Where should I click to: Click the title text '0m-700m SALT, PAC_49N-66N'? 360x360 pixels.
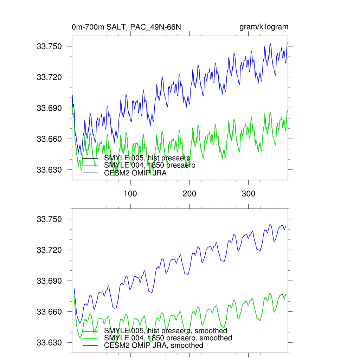(x=126, y=27)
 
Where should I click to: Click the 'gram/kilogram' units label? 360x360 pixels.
(x=264, y=27)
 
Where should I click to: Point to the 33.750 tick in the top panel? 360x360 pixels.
(x=49, y=46)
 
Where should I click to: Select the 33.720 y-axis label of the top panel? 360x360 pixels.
(x=49, y=77)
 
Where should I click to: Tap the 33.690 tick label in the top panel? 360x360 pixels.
(x=49, y=108)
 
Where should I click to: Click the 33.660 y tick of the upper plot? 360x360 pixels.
(x=49, y=139)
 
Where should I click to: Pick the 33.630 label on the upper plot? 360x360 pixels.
(x=49, y=170)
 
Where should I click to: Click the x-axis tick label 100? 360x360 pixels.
(x=130, y=193)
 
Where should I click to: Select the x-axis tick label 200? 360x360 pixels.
(x=189, y=193)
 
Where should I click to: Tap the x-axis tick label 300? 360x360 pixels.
(x=248, y=193)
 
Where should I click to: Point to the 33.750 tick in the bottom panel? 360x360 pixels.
(x=49, y=219)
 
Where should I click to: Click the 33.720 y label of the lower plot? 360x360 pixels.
(x=49, y=250)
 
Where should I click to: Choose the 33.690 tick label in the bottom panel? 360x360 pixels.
(x=49, y=281)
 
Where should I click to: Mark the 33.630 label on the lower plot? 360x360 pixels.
(x=49, y=343)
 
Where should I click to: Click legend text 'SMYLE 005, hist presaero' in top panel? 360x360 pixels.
(x=147, y=158)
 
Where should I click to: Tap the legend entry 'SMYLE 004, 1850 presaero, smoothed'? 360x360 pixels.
(x=168, y=338)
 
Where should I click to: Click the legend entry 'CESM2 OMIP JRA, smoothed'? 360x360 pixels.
(x=154, y=345)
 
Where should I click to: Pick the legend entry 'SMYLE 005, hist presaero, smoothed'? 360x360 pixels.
(x=166, y=330)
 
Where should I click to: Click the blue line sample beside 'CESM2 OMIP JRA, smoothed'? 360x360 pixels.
(x=90, y=346)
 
